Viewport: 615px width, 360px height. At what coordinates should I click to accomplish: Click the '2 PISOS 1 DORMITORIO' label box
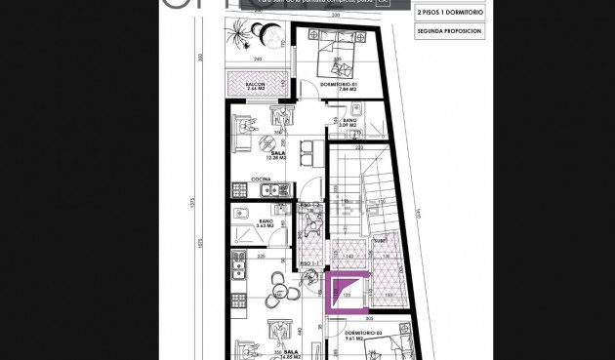pyautogui.click(x=448, y=13)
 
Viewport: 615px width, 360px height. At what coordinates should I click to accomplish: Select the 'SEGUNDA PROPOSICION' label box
pyautogui.click(x=448, y=31)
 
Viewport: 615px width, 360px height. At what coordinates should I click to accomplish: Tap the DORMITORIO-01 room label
pyautogui.click(x=339, y=85)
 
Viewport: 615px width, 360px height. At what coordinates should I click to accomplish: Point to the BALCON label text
pyautogui.click(x=257, y=85)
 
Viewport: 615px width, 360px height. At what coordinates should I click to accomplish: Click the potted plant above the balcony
pyautogui.click(x=240, y=35)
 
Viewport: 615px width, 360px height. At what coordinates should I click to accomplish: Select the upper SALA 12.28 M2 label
pyautogui.click(x=278, y=155)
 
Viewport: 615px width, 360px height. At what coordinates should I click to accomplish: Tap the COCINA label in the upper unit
pyautogui.click(x=261, y=180)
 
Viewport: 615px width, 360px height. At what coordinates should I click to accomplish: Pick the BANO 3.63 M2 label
pyautogui.click(x=266, y=223)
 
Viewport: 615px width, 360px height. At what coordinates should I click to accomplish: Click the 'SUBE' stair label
pyautogui.click(x=379, y=239)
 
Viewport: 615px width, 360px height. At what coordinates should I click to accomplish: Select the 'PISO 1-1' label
pyautogui.click(x=310, y=264)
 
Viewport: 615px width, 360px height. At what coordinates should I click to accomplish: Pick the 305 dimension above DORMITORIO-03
pyautogui.click(x=369, y=319)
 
